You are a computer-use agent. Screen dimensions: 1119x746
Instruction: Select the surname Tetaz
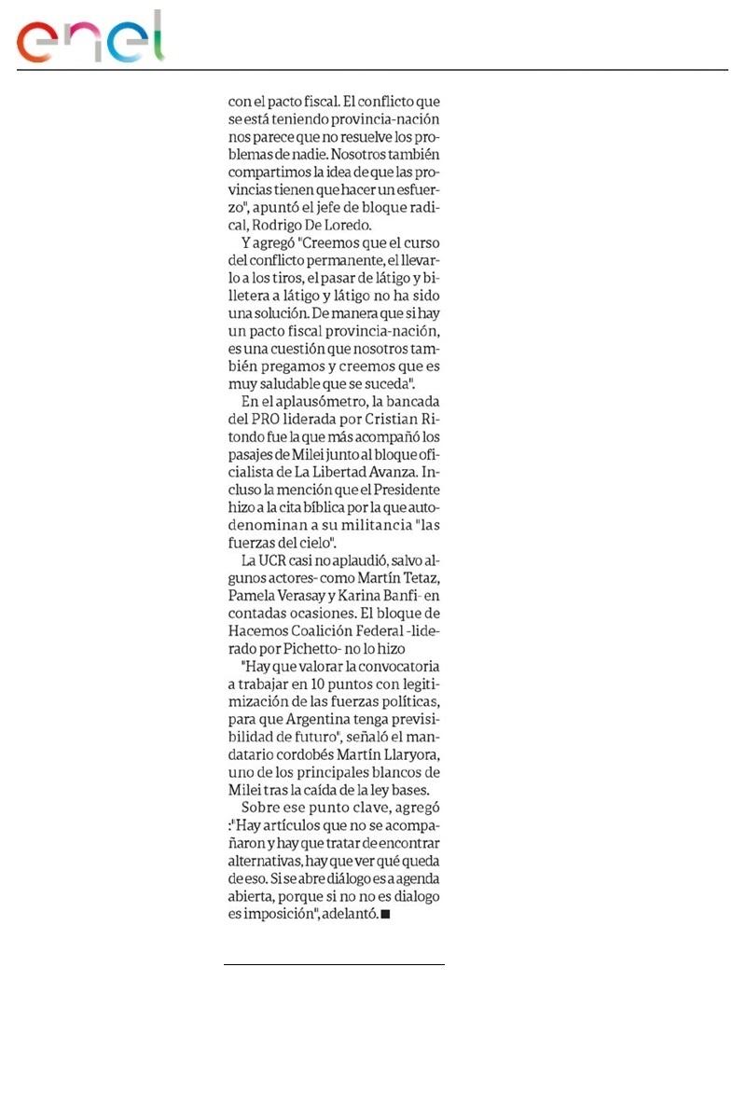pyautogui.click(x=414, y=578)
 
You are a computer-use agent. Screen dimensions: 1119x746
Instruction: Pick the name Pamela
pyautogui.click(x=257, y=596)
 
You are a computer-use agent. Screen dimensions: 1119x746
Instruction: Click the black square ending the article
pyautogui.click(x=385, y=915)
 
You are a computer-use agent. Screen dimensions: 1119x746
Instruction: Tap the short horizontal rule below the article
pyautogui.click(x=334, y=964)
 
